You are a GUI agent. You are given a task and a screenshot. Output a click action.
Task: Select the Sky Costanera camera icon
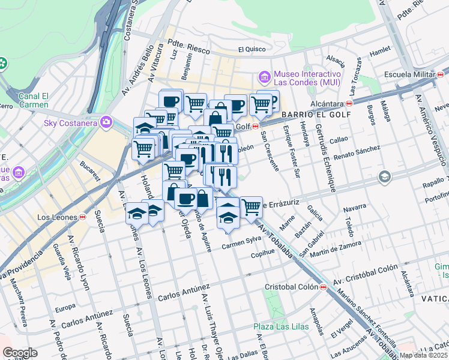(107, 122)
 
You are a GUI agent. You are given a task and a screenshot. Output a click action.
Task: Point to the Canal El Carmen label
(33, 100)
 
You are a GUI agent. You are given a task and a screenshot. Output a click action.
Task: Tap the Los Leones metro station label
(58, 217)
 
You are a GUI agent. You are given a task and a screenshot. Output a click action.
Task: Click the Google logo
(20, 353)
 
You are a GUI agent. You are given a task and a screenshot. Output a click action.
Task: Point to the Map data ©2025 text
(423, 355)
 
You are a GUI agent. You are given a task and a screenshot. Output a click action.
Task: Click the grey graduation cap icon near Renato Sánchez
(384, 177)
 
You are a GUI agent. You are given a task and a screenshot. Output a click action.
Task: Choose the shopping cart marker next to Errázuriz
(252, 207)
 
